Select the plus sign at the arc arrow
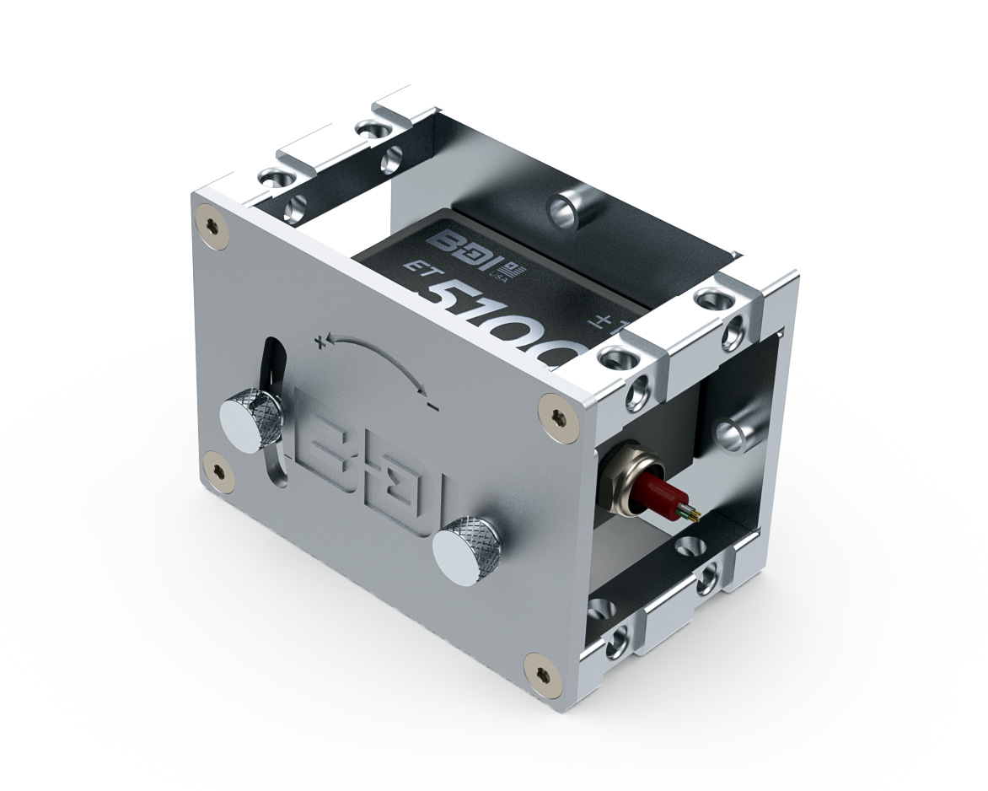click(x=320, y=342)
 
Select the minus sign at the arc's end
click(x=432, y=408)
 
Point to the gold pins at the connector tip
click(x=693, y=514)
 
